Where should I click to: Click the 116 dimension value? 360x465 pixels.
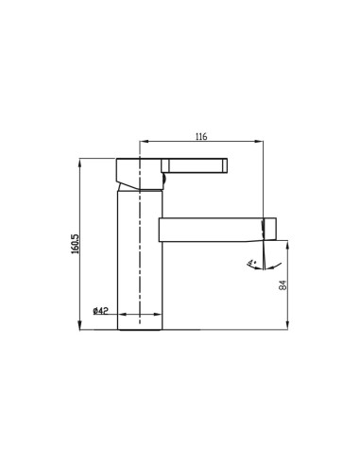coord(200,138)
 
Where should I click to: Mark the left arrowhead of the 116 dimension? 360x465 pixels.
coord(143,145)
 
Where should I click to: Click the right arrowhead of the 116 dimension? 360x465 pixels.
coord(261,145)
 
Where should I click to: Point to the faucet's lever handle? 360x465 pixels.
coord(198,167)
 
